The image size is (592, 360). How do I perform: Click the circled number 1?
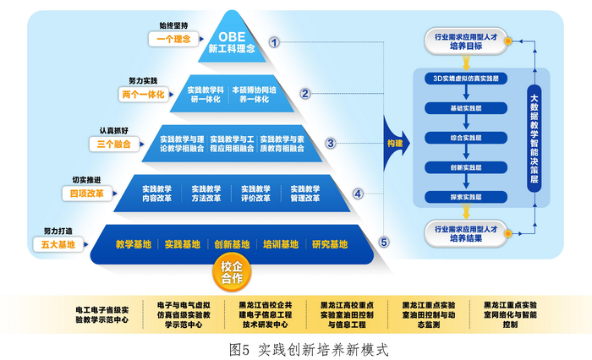(274, 41)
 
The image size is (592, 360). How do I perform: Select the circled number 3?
(331, 144)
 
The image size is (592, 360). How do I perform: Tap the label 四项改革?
(87, 194)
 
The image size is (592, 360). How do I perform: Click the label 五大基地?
(59, 245)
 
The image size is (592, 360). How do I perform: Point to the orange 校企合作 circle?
(231, 272)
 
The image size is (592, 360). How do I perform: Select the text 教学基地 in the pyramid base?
(133, 245)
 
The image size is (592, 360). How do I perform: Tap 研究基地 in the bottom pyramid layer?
(329, 245)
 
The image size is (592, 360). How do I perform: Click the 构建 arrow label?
(394, 143)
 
